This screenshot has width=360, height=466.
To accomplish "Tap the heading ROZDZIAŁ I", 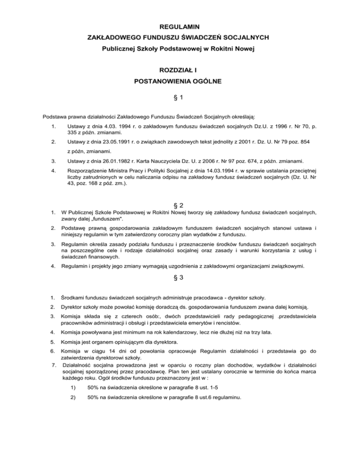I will click(180, 70).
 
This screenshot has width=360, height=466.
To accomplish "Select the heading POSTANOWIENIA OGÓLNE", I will click(180, 81).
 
